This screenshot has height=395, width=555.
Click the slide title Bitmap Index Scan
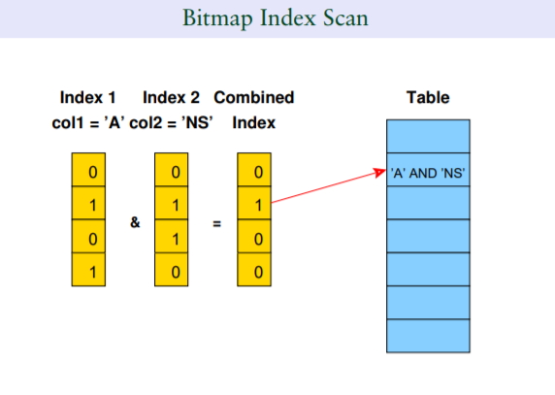tap(276, 17)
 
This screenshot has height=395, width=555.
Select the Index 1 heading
tap(87, 97)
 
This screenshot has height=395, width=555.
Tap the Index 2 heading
tap(171, 97)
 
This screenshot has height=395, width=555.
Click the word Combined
tap(254, 97)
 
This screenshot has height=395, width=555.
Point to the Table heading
tap(428, 97)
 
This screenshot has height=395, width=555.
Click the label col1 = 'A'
tap(88, 123)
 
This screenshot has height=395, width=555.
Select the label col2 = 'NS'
tap(171, 123)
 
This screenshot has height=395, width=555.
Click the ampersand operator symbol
tap(135, 222)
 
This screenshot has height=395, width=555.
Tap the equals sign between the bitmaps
tap(217, 223)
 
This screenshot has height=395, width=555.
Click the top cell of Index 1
tap(88, 170)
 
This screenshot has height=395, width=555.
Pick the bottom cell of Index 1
tap(88, 270)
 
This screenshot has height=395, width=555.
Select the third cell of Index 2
tap(172, 236)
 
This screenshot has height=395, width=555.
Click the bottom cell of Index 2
tap(172, 270)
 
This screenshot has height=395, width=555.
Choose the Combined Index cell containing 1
tap(254, 203)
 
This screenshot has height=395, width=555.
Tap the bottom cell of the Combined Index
tap(254, 270)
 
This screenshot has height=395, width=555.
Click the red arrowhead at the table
tap(380, 173)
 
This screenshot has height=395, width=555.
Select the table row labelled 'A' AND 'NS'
tap(428, 170)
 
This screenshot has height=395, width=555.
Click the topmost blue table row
tap(428, 136)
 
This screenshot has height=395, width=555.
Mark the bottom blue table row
tap(428, 336)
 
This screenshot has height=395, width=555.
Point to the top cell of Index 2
tap(172, 170)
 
